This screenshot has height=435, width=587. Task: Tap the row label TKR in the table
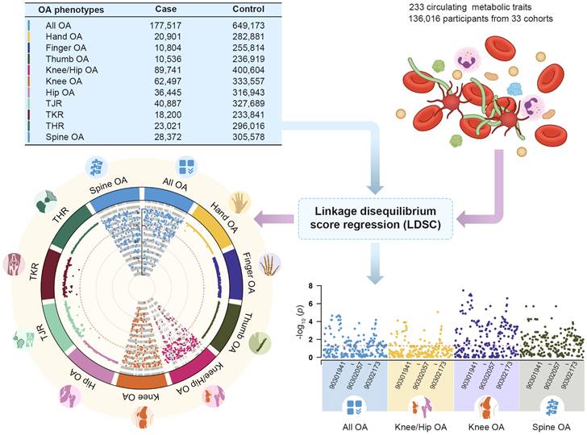48,114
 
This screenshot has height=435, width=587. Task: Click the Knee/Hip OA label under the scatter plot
418,427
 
